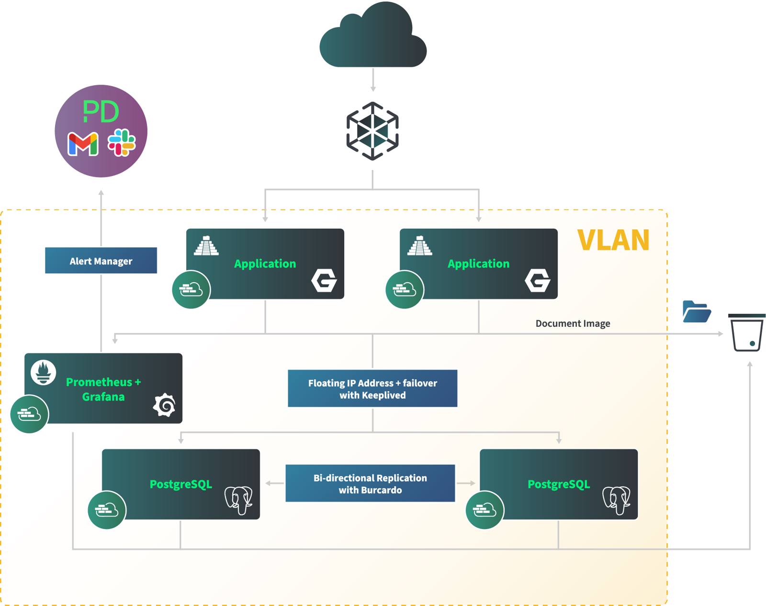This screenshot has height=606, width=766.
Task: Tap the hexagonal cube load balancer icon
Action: (372, 131)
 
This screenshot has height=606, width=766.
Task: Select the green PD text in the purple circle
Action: (101, 112)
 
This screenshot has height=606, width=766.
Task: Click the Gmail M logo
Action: (83, 144)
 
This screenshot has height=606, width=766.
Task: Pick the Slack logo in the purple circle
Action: (122, 143)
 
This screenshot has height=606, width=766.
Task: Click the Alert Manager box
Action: (101, 261)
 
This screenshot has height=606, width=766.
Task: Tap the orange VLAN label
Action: (613, 240)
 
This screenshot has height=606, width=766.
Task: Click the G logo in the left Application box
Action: (324, 280)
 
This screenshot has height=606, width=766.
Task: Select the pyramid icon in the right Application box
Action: (420, 246)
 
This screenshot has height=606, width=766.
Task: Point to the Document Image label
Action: (573, 323)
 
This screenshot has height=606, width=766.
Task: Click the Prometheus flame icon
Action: (44, 372)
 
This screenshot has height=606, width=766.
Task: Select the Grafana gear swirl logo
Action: (165, 405)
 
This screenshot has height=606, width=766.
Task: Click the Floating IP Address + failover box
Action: (372, 388)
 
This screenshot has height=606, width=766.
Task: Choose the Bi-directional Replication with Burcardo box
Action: (370, 484)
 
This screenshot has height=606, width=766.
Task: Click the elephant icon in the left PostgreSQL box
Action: (238, 500)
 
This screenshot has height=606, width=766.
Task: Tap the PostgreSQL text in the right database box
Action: (558, 484)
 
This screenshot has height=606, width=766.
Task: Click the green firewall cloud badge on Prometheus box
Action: (29, 414)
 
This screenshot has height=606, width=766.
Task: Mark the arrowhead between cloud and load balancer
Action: (373, 88)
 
